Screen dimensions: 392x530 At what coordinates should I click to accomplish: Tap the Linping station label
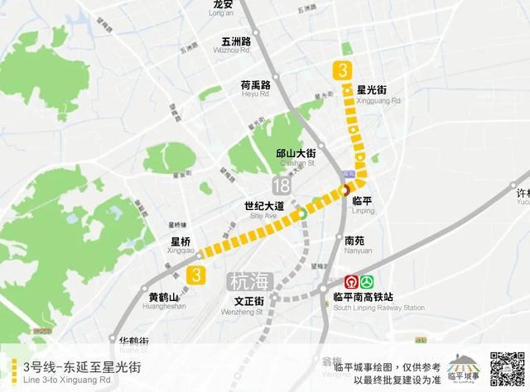point(363,205)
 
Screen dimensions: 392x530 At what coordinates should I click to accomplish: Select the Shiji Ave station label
point(264,210)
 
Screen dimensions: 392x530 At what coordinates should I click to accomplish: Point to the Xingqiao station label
point(181,246)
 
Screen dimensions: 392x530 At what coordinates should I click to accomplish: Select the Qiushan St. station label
point(296,158)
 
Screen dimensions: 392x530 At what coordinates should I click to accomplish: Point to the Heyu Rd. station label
point(256,89)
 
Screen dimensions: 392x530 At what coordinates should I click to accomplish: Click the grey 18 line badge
point(286,184)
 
